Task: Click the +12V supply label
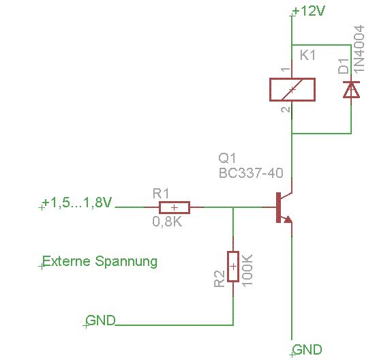click(x=310, y=11)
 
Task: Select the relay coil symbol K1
click(x=292, y=89)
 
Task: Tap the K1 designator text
click(x=307, y=55)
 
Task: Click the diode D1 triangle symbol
click(x=351, y=89)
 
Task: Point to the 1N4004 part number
click(x=359, y=48)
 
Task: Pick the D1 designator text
click(x=344, y=66)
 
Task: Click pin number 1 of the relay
click(x=286, y=70)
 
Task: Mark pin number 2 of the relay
click(x=286, y=110)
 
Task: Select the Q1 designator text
click(x=227, y=158)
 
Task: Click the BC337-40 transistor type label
click(x=251, y=172)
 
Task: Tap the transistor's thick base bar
click(x=278, y=207)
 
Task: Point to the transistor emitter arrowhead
click(x=288, y=219)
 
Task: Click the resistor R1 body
click(x=175, y=207)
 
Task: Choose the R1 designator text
click(x=161, y=194)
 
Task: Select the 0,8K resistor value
click(x=167, y=221)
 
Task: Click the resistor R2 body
click(x=233, y=267)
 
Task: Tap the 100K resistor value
click(x=247, y=271)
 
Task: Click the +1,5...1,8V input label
click(x=77, y=202)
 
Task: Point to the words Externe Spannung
click(x=100, y=261)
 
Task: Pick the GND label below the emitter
click(x=307, y=349)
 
